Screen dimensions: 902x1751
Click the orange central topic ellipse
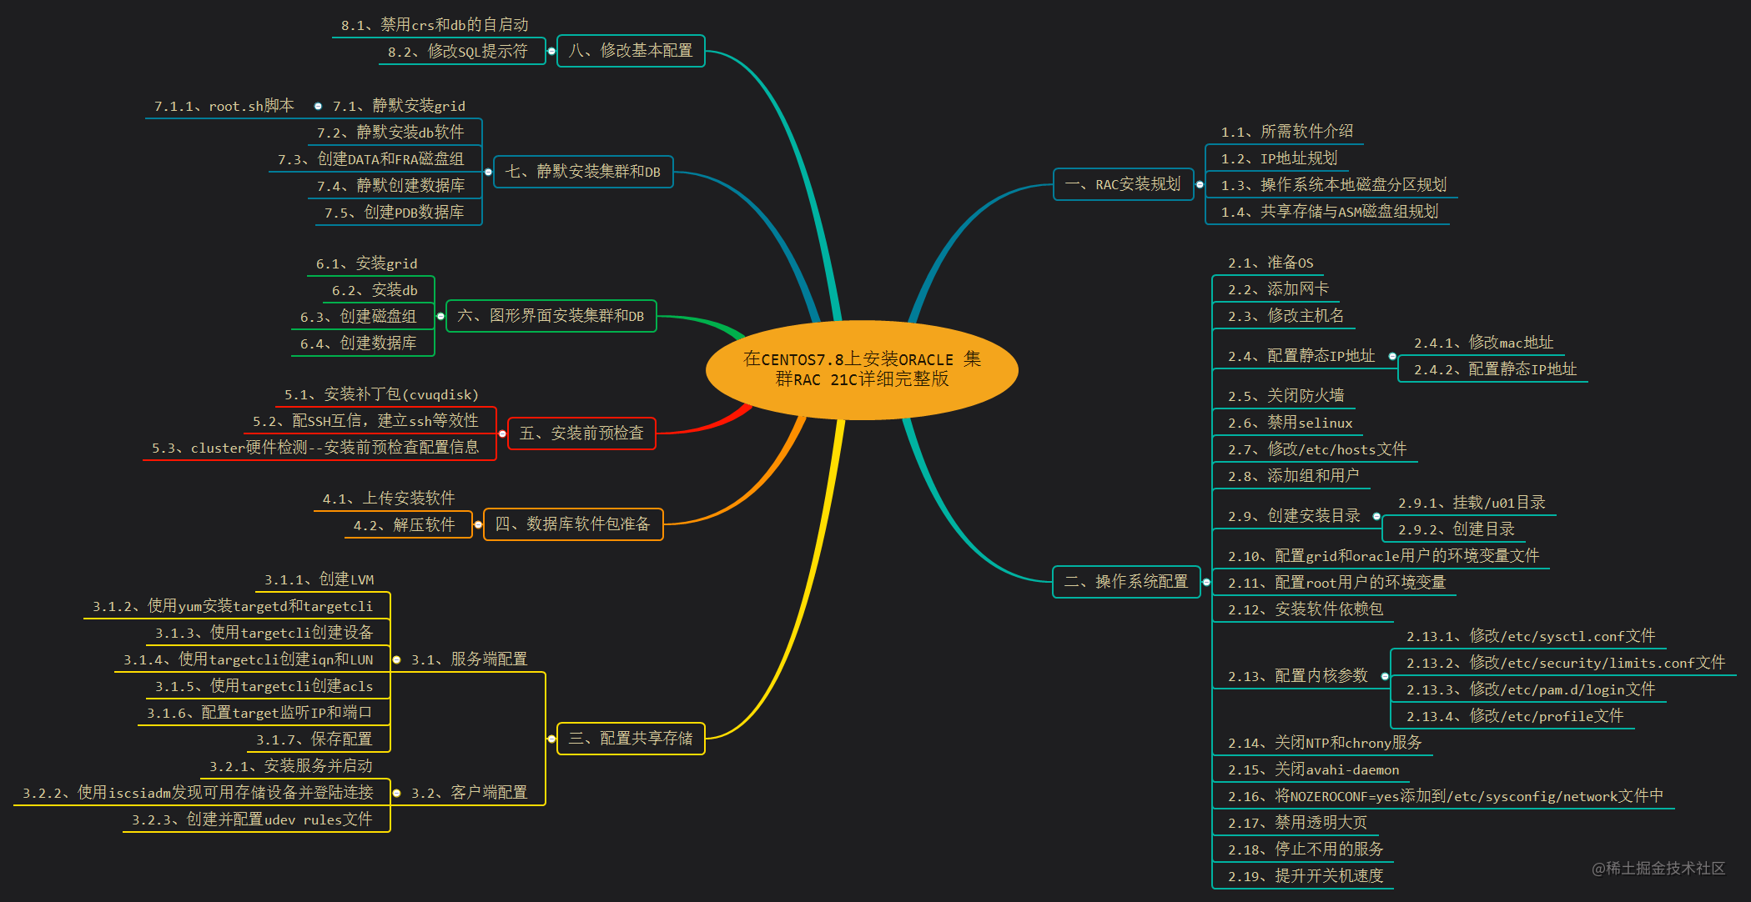click(862, 369)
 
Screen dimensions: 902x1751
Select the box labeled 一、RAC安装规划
click(1123, 184)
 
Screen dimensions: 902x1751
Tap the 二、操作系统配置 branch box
click(1125, 581)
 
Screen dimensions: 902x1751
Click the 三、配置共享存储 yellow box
click(630, 739)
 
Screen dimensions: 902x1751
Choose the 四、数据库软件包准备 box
click(572, 524)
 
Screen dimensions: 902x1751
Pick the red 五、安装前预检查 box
click(581, 433)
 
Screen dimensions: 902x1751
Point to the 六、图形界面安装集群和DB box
click(551, 316)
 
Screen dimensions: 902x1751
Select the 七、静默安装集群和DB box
click(582, 172)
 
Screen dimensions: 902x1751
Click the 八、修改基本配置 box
click(630, 51)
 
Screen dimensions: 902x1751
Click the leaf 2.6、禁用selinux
click(1290, 423)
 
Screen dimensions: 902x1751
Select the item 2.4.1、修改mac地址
click(1482, 343)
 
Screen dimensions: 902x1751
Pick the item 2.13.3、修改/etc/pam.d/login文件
click(1530, 689)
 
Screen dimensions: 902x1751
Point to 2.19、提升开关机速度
click(1305, 876)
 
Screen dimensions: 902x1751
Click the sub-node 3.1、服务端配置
click(469, 659)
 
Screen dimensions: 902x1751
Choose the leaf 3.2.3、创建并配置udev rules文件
click(252, 819)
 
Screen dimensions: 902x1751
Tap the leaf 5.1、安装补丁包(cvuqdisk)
click(381, 394)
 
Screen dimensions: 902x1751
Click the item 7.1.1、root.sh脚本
click(224, 106)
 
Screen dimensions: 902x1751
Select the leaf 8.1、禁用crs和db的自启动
click(434, 25)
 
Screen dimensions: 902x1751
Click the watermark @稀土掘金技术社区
click(1658, 868)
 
